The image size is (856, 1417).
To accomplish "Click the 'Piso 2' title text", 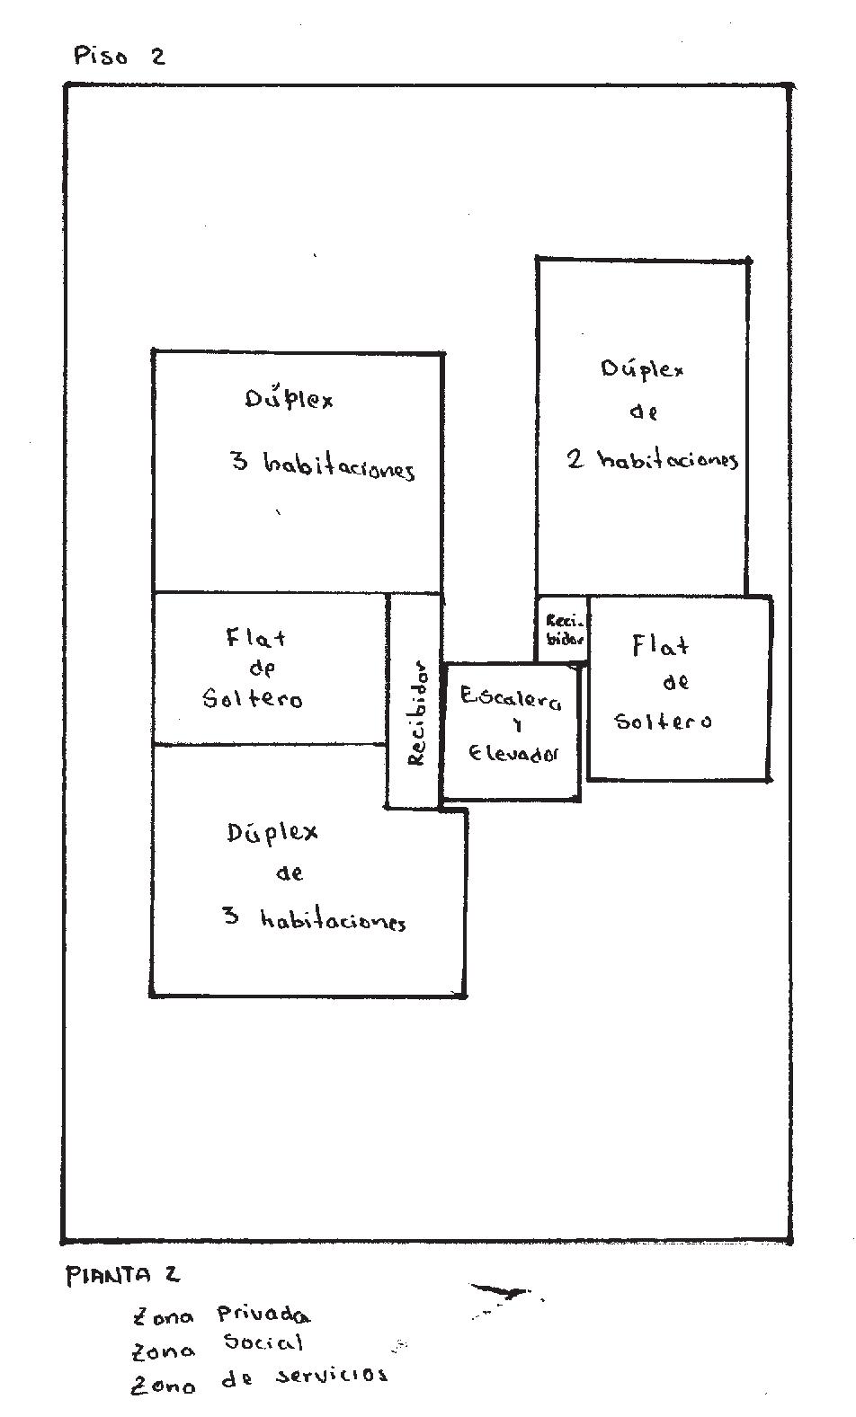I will tap(120, 57).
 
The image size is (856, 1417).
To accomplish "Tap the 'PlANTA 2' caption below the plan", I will tap(121, 1275).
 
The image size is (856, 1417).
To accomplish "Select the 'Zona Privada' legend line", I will tap(221, 1316).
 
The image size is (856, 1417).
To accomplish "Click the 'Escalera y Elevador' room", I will tap(512, 731).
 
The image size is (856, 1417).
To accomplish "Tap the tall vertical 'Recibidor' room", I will tap(415, 701).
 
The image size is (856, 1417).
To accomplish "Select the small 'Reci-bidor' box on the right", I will tap(563, 629).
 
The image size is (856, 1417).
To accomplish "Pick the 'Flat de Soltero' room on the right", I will tap(679, 687).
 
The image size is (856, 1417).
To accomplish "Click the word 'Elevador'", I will tap(513, 754).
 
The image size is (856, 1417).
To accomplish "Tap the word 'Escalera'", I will tap(510, 698).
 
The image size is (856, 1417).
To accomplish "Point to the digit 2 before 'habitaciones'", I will tap(576, 459).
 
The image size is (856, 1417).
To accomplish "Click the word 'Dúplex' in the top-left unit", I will tap(290, 398).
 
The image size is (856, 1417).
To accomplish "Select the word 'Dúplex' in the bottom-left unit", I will tap(272, 833).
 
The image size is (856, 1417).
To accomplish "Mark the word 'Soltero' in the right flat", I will tap(663, 722).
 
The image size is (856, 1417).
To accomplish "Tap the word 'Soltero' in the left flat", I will tap(253, 699).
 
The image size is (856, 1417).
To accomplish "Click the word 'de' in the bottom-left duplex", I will tap(289, 873).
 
